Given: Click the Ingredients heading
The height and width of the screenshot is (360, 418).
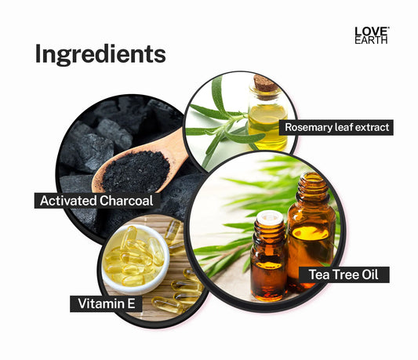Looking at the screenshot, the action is (100, 54).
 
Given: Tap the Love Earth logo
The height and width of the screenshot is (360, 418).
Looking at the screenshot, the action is (372, 35).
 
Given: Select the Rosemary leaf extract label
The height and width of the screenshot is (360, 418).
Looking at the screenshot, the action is (336, 127).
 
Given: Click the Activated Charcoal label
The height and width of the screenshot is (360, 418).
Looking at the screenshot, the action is (96, 201).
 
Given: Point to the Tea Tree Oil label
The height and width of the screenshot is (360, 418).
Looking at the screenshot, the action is (343, 275).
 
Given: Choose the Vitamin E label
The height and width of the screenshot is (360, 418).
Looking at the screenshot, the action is (106, 304).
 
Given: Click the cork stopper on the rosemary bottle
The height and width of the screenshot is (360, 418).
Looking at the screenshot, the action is (264, 83).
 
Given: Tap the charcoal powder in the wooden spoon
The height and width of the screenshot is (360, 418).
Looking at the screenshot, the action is (136, 171).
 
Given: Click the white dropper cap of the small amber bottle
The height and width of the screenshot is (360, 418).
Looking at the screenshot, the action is (270, 216).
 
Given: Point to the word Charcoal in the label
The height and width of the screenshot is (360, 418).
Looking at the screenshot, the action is (126, 201).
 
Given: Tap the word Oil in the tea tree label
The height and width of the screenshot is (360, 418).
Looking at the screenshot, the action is (369, 275).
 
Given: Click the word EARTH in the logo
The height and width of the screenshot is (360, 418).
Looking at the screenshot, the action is (371, 40).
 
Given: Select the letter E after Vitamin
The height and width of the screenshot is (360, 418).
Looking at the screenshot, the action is (131, 304).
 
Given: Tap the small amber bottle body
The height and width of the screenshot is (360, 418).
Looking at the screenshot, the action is (269, 269).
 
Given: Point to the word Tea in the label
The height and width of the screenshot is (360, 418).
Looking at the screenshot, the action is (319, 275).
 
